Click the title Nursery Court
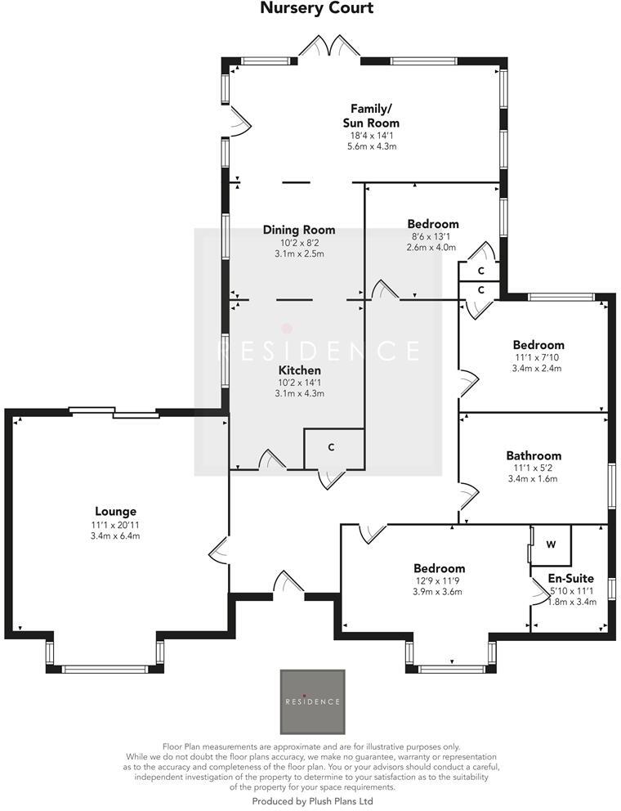(316, 9)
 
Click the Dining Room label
(299, 230)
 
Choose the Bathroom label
(534, 455)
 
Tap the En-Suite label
(571, 578)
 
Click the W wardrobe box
(551, 544)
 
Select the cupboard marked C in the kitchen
(332, 448)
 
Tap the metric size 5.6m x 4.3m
(371, 146)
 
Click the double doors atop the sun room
(329, 46)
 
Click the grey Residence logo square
(312, 701)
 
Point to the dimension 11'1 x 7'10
(538, 357)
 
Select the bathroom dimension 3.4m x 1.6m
(534, 478)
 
